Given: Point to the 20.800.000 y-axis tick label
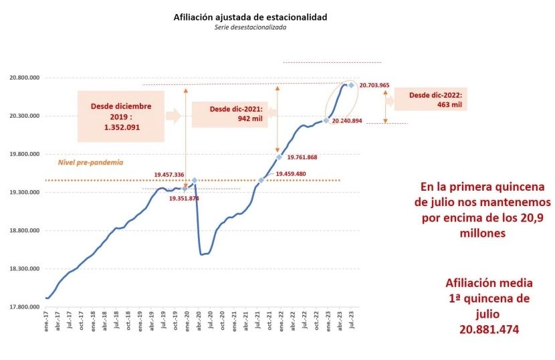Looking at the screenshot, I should point(25,78).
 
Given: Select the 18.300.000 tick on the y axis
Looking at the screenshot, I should point(25,269).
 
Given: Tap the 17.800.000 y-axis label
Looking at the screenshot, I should point(25,307).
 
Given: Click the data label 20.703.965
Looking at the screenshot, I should point(374,86).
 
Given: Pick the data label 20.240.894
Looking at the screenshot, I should point(347,120).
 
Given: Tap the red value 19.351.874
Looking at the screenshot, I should point(184,198).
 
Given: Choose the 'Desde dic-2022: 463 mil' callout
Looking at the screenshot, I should point(431,99).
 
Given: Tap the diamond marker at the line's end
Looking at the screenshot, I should point(352,85).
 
